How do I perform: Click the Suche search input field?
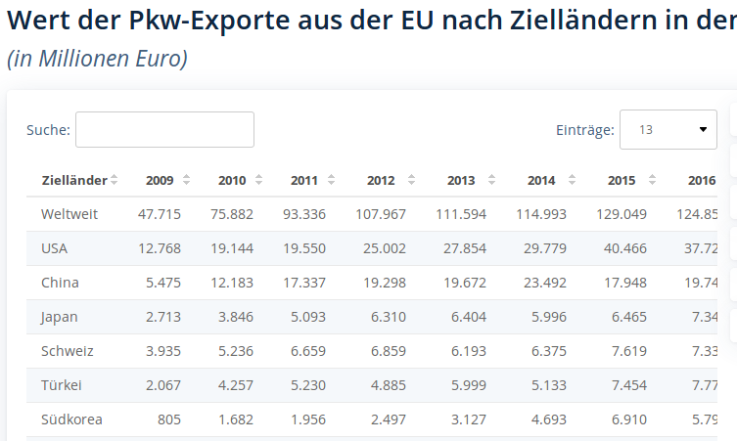[x=164, y=129]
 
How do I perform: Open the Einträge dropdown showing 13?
[x=668, y=129]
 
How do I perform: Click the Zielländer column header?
[x=74, y=180]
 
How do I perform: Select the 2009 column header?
[x=160, y=180]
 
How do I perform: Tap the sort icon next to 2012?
[x=411, y=180]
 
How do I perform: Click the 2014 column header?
[x=541, y=180]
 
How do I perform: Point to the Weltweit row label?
[x=69, y=214]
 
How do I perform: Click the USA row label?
[x=55, y=248]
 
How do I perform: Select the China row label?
[x=60, y=283]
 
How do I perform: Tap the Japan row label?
[x=60, y=317]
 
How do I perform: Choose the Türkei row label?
[x=61, y=385]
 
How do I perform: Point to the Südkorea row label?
[x=71, y=419]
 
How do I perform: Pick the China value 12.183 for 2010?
[x=232, y=283]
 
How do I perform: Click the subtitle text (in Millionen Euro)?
[x=97, y=59]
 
